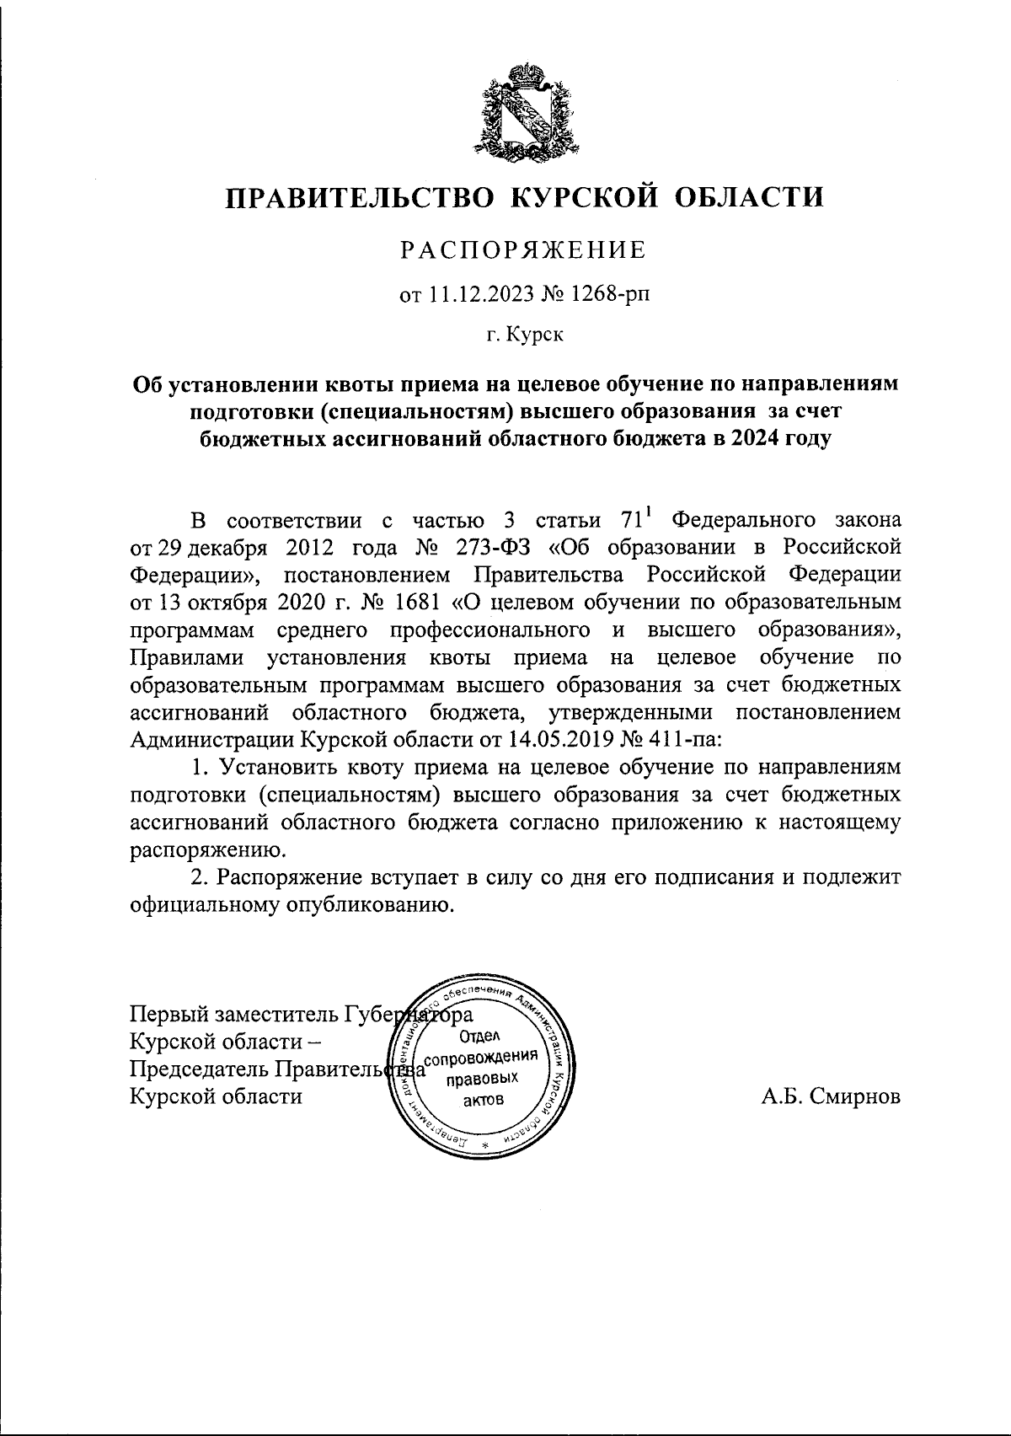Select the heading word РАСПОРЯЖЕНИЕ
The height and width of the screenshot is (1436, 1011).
pos(522,250)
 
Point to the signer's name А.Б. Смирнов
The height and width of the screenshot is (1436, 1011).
pos(829,1096)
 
